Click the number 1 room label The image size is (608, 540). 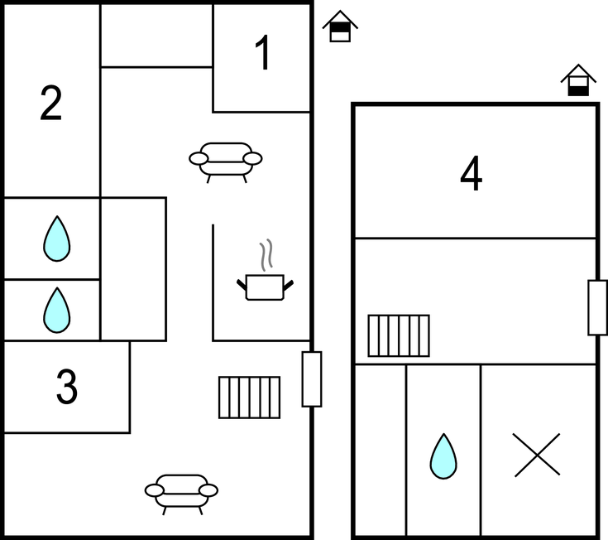[262, 55]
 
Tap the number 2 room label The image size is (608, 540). [51, 104]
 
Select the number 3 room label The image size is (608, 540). [67, 387]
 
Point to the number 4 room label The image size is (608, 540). [472, 175]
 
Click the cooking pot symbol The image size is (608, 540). [265, 287]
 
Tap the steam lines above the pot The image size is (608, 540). [265, 256]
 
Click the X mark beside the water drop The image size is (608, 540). [537, 455]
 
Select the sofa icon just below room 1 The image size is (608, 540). [226, 160]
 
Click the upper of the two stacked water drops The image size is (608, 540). [56, 239]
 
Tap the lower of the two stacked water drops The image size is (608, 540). [56, 310]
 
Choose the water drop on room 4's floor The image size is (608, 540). [443, 456]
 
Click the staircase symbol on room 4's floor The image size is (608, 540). [399, 335]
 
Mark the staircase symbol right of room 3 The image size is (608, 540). [249, 398]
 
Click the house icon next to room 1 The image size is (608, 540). [340, 27]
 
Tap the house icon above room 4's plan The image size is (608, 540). [578, 81]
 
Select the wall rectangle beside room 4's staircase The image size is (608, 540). [597, 307]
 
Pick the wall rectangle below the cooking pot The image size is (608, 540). [311, 378]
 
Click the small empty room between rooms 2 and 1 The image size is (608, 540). [156, 36]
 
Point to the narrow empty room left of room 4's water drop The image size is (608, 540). [380, 451]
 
